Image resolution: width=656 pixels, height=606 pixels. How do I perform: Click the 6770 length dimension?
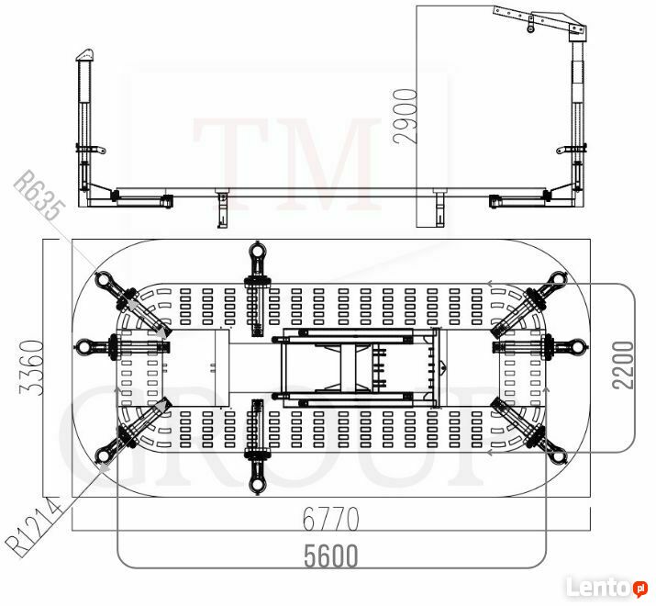[x=330, y=519]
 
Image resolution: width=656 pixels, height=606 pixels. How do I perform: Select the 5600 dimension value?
[x=330, y=555]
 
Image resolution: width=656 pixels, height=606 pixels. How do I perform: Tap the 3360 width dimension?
[x=32, y=367]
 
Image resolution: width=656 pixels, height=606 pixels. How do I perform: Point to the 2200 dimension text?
[x=623, y=365]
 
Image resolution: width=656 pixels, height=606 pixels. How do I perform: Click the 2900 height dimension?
[x=406, y=117]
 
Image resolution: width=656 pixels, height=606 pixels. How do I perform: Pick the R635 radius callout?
[x=40, y=195]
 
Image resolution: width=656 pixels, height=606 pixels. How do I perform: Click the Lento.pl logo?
[x=607, y=588]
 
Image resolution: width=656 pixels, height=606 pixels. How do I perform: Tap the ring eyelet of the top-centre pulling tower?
[x=257, y=251]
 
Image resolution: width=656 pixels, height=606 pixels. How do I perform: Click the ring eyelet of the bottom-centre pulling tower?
[x=257, y=486]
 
